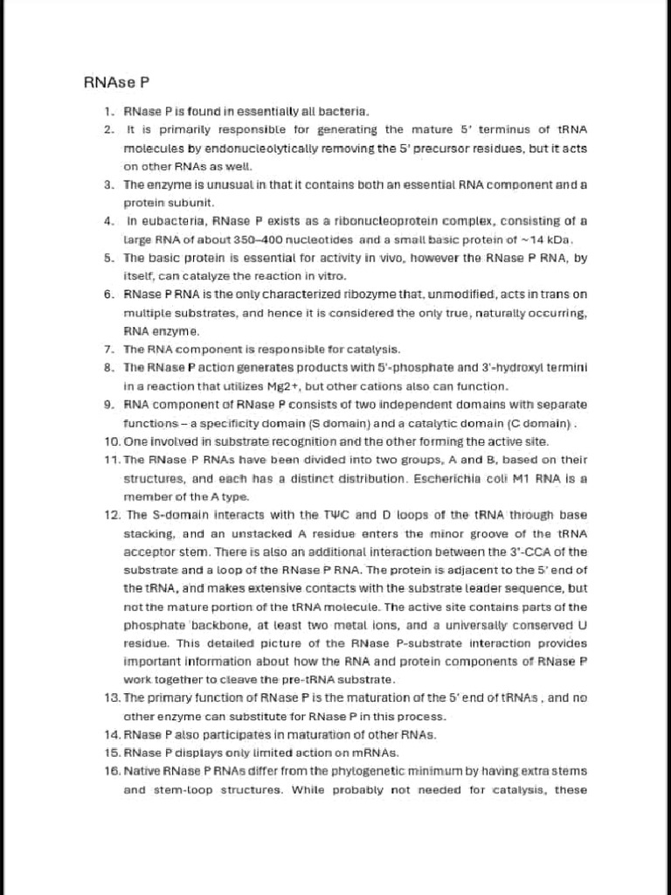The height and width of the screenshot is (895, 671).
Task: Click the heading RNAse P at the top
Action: pos(116,83)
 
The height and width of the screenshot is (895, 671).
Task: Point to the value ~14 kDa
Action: pos(544,239)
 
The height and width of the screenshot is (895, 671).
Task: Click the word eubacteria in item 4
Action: pos(169,221)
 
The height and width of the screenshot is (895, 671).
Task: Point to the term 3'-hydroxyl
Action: pos(512,368)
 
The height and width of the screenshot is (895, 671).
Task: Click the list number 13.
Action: pos(111,697)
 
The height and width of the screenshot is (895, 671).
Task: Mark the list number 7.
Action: pos(109,350)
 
